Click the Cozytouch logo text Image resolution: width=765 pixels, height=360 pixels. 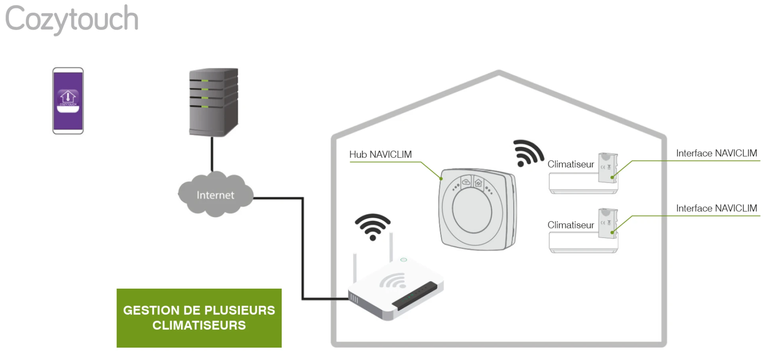(72, 19)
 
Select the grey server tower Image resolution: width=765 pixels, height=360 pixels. (214, 102)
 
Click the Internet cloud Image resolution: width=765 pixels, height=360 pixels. (215, 195)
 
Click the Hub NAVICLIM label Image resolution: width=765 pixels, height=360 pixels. (380, 155)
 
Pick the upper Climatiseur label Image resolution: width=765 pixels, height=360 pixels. (570, 164)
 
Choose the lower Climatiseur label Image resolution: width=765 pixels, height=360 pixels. (570, 225)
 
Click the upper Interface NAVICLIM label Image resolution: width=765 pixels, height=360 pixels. (716, 153)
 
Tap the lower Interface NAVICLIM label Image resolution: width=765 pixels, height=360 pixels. (716, 209)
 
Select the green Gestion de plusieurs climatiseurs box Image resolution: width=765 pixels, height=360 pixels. (199, 318)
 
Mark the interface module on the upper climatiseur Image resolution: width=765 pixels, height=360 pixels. (608, 168)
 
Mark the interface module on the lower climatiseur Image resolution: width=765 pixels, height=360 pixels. (608, 224)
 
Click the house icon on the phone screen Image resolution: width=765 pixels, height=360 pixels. (68, 96)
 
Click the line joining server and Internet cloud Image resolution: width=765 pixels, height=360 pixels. (212, 154)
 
